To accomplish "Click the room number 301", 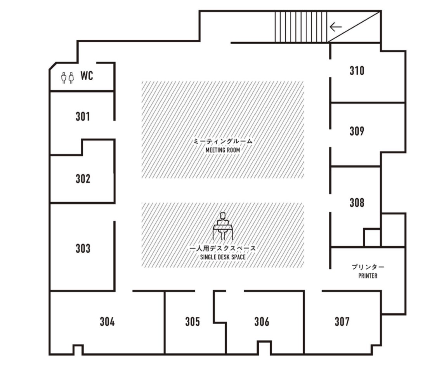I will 83,116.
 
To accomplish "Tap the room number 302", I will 83,179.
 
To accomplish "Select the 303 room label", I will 83,248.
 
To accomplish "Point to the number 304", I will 107,321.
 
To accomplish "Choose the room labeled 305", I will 193,321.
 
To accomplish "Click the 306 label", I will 262,321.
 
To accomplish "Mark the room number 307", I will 342,321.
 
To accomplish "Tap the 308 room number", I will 357,202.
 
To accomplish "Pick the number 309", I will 357,131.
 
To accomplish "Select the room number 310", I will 357,71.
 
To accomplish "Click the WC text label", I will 87,76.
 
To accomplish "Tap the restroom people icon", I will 68,78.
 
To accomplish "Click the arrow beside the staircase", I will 335,27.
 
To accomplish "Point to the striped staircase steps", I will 301,27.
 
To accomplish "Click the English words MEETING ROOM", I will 223,150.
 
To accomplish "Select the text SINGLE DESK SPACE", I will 223,257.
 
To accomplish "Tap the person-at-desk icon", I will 222,226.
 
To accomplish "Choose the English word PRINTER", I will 368,276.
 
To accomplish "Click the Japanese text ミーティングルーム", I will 223,142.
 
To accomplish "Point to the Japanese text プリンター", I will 368,267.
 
